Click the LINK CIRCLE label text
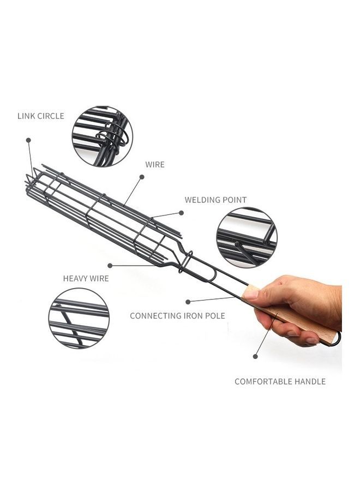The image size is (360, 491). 41,116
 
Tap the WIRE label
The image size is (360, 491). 155,165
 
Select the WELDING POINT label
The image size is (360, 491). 215,200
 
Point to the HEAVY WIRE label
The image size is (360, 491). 86,278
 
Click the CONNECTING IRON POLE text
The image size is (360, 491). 177,316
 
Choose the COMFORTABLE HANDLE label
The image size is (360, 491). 280,381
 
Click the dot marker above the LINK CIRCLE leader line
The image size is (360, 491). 28,140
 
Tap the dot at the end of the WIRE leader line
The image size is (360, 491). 142,177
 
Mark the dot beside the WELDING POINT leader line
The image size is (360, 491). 181,213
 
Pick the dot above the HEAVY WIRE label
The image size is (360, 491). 110,266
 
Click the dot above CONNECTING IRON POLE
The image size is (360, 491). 188,302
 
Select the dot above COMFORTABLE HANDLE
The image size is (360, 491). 255,356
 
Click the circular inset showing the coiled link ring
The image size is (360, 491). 103,136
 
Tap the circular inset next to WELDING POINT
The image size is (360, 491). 247,238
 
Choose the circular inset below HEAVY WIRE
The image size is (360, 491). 79,318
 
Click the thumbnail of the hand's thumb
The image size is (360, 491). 251,295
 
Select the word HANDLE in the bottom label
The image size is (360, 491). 309,381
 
